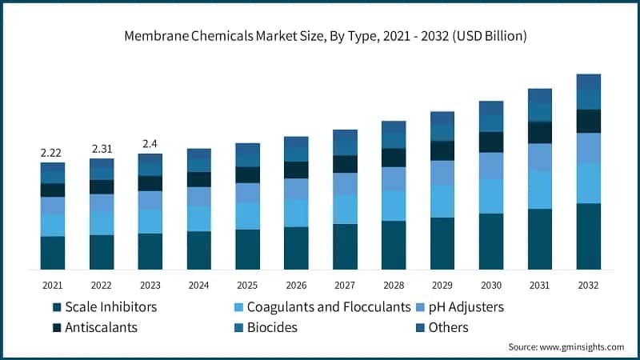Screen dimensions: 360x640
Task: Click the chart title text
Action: [x=320, y=36]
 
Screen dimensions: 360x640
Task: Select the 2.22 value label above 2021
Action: [x=52, y=152]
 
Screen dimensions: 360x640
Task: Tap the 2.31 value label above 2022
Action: [x=102, y=149]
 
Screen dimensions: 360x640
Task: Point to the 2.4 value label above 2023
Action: [x=150, y=144]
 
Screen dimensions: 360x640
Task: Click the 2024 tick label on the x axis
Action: [x=198, y=284]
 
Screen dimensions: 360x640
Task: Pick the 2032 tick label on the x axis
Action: [x=588, y=284]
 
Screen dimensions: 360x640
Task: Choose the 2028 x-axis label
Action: [x=394, y=284]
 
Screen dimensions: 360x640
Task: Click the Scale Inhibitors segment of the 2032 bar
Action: [x=588, y=236]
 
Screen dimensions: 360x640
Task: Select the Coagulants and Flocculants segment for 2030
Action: [x=491, y=196]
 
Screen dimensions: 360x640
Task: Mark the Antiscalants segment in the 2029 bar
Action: [x=442, y=150]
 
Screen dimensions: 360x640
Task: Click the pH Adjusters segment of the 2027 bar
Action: [x=345, y=184]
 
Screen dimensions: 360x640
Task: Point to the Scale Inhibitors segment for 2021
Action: [x=52, y=252]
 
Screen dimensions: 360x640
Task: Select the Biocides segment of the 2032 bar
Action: [x=588, y=100]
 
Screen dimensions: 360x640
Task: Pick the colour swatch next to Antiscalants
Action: [x=56, y=327]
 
